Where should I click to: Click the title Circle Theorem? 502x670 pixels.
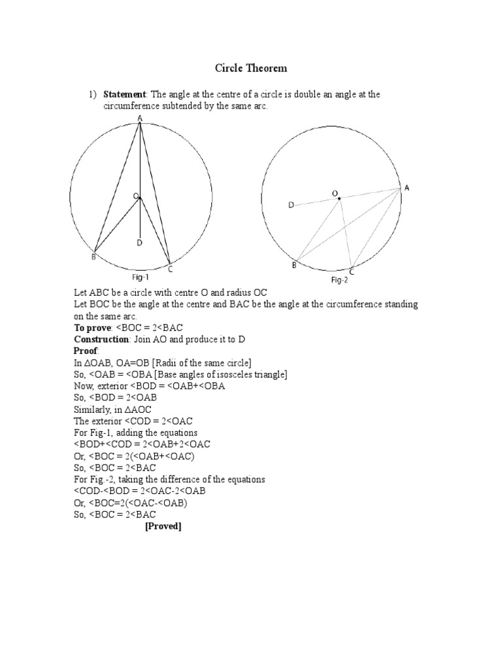pyautogui.click(x=251, y=68)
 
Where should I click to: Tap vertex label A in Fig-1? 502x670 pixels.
pyautogui.click(x=140, y=118)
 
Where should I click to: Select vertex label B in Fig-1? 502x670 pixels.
pyautogui.click(x=93, y=257)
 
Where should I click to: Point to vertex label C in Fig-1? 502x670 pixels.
pyautogui.click(x=171, y=268)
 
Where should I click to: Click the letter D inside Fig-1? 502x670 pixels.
pyautogui.click(x=139, y=243)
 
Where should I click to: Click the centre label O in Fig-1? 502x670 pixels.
pyautogui.click(x=135, y=196)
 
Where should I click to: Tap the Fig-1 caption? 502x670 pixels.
pyautogui.click(x=141, y=277)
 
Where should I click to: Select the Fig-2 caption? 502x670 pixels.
pyautogui.click(x=339, y=279)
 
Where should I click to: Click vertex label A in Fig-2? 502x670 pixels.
pyautogui.click(x=407, y=188)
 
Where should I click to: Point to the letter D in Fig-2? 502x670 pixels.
pyautogui.click(x=291, y=205)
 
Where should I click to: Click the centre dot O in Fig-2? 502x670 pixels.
pyautogui.click(x=339, y=198)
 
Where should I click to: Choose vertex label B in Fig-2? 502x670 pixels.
pyautogui.click(x=294, y=265)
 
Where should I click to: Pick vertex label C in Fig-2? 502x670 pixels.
pyautogui.click(x=352, y=271)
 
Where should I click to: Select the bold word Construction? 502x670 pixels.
pyautogui.click(x=101, y=339)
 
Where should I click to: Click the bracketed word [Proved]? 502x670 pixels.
pyautogui.click(x=163, y=527)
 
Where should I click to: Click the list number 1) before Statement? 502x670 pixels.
pyautogui.click(x=93, y=95)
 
